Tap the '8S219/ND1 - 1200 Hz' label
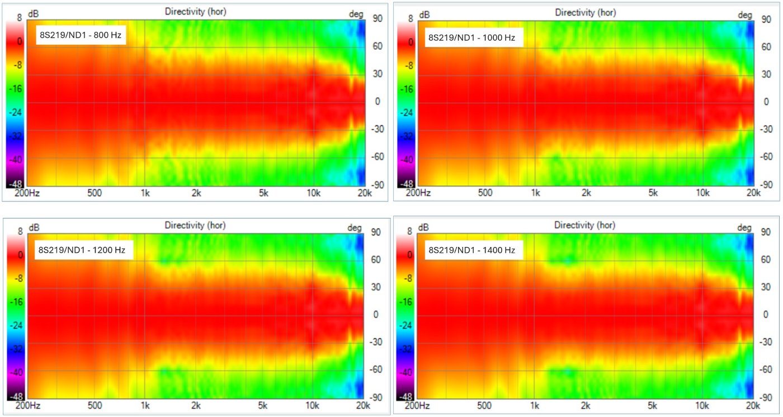click(x=82, y=250)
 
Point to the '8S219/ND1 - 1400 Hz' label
click(x=471, y=250)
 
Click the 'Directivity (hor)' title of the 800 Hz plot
click(x=196, y=12)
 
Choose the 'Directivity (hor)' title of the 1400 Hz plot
click(x=585, y=225)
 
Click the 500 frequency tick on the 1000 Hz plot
click(x=485, y=193)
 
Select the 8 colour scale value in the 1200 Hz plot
click(x=20, y=231)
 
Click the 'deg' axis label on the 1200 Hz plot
click(x=355, y=228)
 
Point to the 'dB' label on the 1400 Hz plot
click(x=424, y=228)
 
